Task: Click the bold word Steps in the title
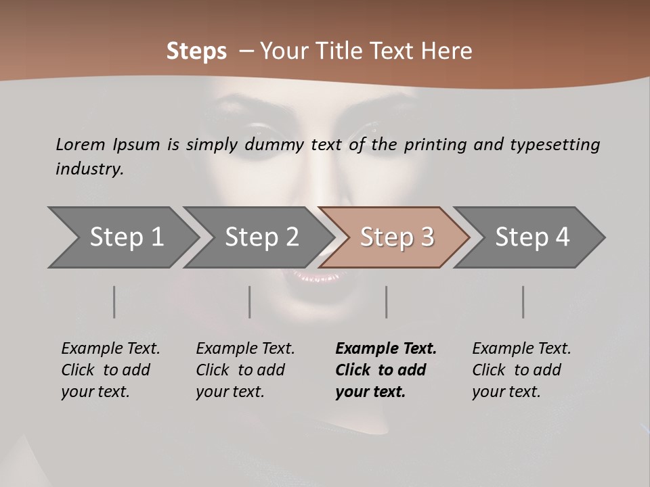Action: pos(196,51)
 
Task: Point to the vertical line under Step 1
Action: pos(114,302)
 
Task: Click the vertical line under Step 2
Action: pos(250,302)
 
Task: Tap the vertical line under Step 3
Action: pos(386,302)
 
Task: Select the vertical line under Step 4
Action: pos(523,302)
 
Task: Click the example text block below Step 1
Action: pos(110,370)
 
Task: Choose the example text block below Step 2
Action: pos(245,370)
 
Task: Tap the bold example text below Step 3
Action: pos(386,370)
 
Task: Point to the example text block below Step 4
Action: pos(521,370)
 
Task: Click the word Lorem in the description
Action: pos(81,144)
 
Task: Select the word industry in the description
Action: pos(89,169)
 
